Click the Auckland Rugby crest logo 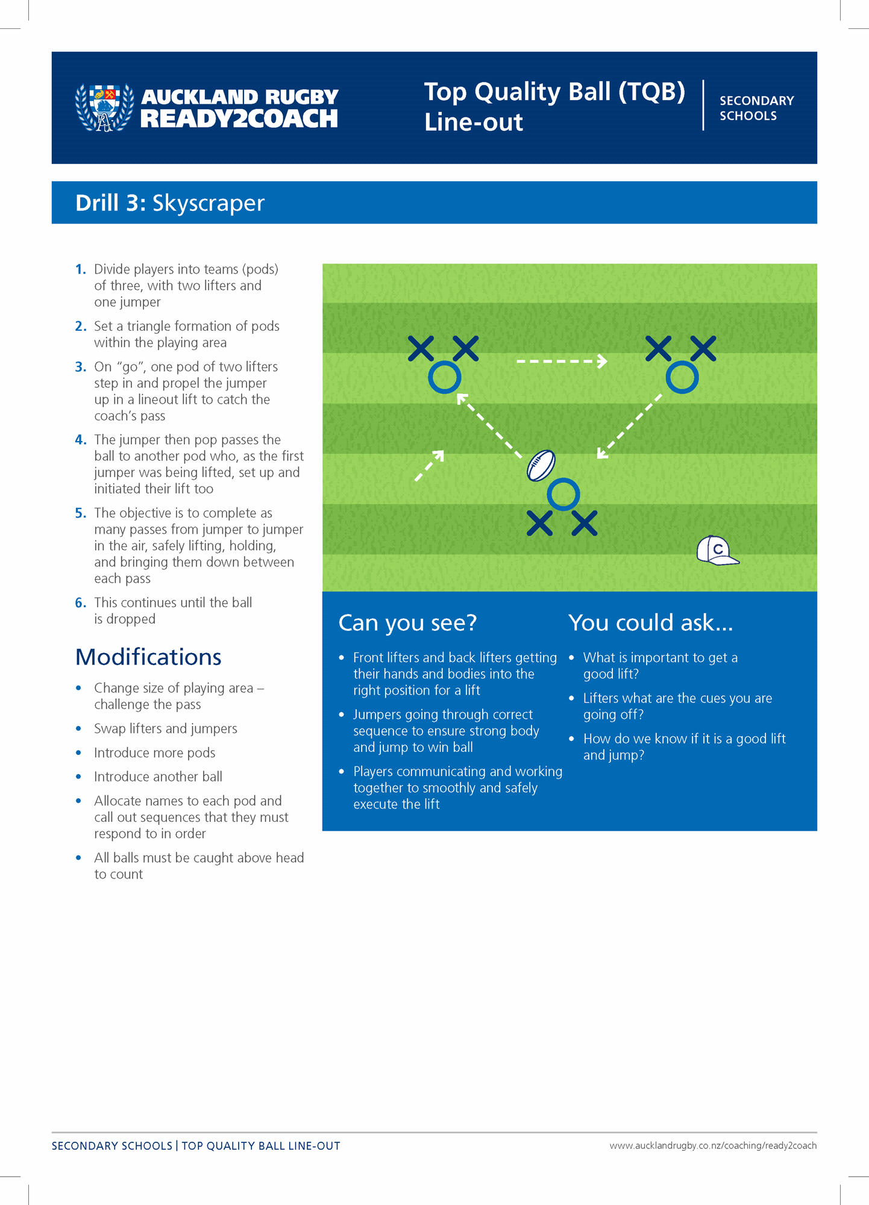pyautogui.click(x=104, y=107)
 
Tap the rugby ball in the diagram pyautogui.click(x=541, y=466)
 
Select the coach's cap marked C pyautogui.click(x=717, y=551)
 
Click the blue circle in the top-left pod pyautogui.click(x=445, y=378)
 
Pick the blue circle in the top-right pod pyautogui.click(x=682, y=378)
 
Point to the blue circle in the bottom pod pyautogui.click(x=563, y=494)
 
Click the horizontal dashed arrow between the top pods pyautogui.click(x=562, y=361)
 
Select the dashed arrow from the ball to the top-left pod pyautogui.click(x=489, y=425)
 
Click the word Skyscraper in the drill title pyautogui.click(x=208, y=203)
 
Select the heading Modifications pyautogui.click(x=148, y=657)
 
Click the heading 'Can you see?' pyautogui.click(x=407, y=623)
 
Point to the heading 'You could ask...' pyautogui.click(x=650, y=623)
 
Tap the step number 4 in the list pyautogui.click(x=81, y=440)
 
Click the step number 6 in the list pyautogui.click(x=81, y=602)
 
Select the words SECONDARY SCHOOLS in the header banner pyautogui.click(x=756, y=108)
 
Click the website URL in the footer pyautogui.click(x=713, y=1145)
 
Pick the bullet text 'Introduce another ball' pyautogui.click(x=158, y=777)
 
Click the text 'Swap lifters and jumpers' pyautogui.click(x=166, y=728)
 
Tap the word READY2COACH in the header pyautogui.click(x=239, y=119)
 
